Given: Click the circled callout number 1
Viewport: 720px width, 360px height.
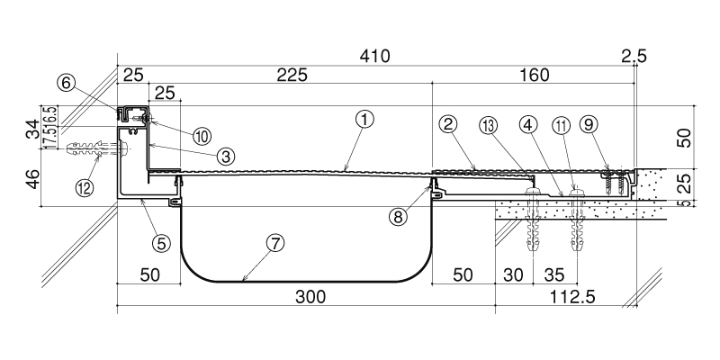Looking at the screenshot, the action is [x=364, y=120].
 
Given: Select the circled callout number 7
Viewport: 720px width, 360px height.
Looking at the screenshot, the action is [x=274, y=243].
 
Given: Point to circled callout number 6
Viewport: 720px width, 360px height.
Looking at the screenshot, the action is [x=66, y=84].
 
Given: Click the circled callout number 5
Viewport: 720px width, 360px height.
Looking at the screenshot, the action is [x=161, y=243].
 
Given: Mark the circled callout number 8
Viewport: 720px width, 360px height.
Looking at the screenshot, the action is [x=398, y=216].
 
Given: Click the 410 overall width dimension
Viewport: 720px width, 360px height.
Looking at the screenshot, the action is [x=374, y=56].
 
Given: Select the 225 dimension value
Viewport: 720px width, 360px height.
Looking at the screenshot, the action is [x=292, y=75].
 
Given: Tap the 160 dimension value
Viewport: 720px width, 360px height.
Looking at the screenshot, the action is [x=535, y=75].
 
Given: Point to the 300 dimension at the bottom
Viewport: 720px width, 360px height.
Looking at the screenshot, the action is [x=310, y=297].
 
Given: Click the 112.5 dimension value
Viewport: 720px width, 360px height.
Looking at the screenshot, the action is [x=571, y=297].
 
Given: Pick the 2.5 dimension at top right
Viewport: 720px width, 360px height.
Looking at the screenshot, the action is [x=634, y=57].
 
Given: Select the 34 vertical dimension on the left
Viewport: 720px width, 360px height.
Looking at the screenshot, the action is [x=32, y=130].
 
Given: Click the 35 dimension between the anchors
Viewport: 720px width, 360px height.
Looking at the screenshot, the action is [x=554, y=274].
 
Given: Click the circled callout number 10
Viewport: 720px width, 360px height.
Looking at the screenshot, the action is [x=202, y=136].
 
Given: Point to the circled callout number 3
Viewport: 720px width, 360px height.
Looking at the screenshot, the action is [x=226, y=157].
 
